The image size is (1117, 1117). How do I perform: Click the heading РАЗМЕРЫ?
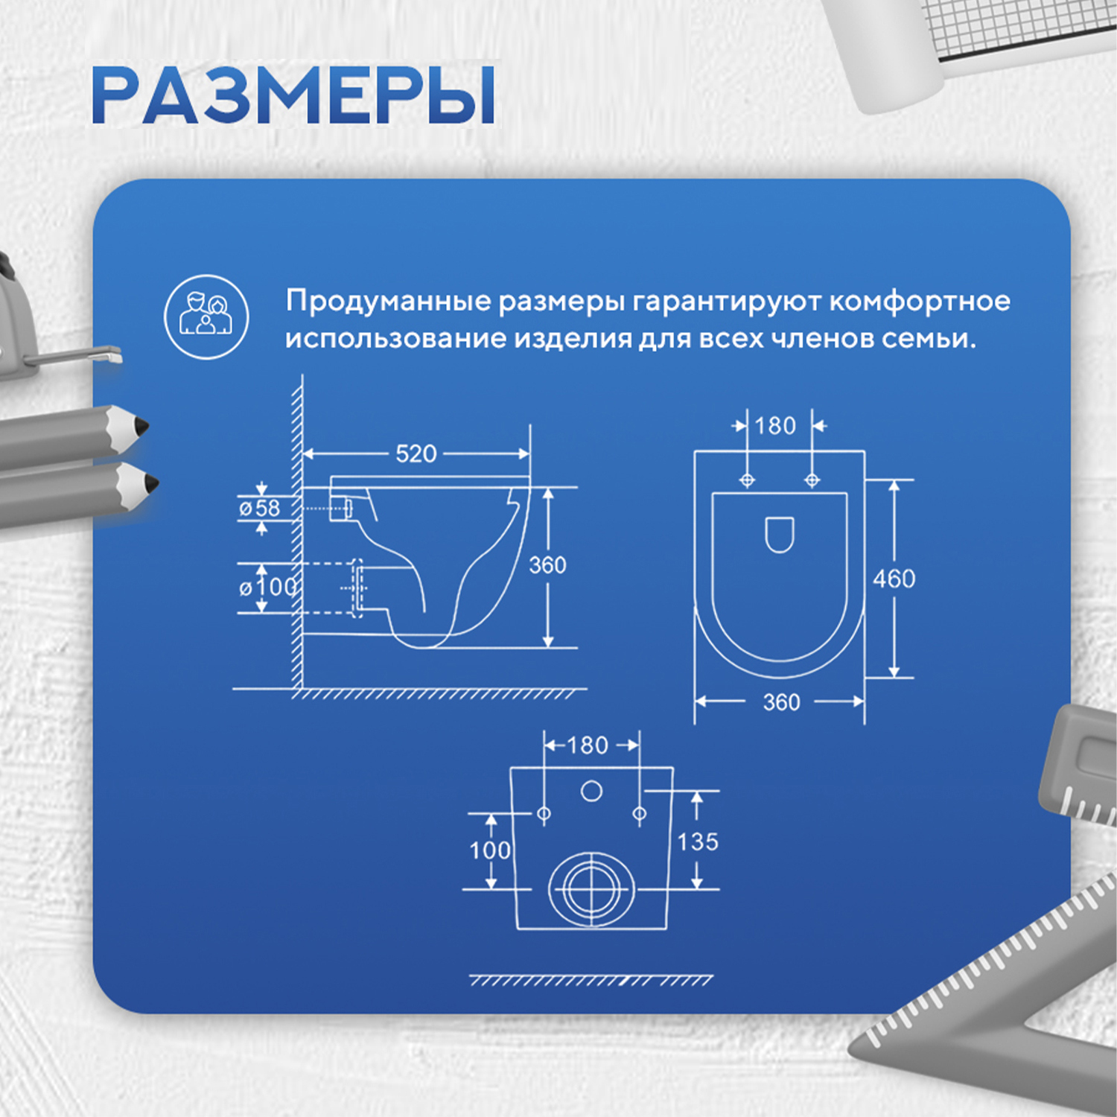293,95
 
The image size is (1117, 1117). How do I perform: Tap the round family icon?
206,316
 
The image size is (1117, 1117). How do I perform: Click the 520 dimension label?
416,454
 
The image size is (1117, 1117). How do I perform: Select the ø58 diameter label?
259,509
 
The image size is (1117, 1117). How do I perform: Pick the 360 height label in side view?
547,565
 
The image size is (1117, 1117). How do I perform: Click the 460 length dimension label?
894,579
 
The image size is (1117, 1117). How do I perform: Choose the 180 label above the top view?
775,426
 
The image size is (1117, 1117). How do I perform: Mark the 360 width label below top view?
781,702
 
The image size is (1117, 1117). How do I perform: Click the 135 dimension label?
698,842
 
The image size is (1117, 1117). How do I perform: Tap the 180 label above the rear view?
588,745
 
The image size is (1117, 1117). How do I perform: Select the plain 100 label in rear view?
489,850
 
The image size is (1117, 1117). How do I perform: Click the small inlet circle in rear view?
591,791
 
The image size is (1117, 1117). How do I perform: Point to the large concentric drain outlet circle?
592,888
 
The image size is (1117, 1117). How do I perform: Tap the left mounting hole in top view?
747,480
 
